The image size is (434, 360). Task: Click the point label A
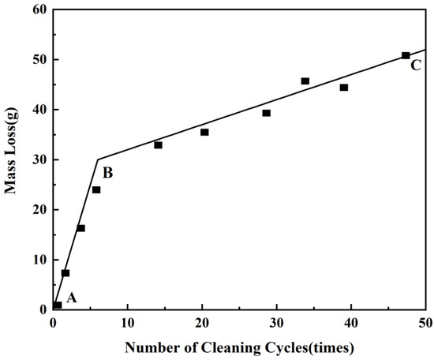tap(72, 298)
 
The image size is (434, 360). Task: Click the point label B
tap(108, 171)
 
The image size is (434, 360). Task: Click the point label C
tap(415, 65)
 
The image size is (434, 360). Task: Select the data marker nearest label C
tap(406, 55)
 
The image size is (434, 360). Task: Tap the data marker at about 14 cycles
tap(158, 145)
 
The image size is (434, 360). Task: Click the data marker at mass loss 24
tap(96, 189)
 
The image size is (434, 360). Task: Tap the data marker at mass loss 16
tap(80, 228)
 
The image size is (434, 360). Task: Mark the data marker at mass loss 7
tap(65, 273)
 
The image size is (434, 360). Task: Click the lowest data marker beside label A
tap(58, 305)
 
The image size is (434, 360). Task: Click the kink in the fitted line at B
tap(98, 159)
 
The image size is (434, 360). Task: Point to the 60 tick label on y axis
tap(38, 9)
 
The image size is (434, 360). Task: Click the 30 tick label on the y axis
tap(38, 159)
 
